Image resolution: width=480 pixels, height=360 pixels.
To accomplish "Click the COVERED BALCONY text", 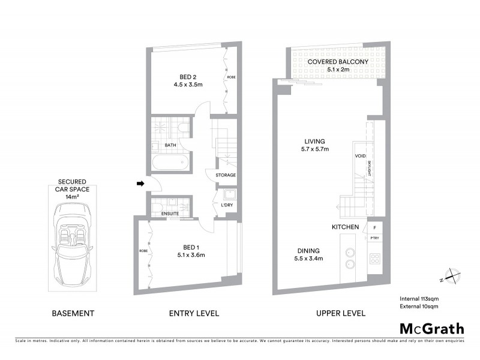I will point(329,62).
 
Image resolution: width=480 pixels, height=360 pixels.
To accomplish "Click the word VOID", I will point(360,155).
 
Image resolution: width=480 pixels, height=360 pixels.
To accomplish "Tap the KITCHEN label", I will point(346,227).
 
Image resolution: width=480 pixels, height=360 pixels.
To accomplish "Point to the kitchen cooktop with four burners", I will point(374,259).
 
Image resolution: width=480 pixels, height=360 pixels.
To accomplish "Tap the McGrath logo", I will point(431,328).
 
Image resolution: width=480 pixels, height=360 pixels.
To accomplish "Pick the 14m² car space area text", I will point(72,196).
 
